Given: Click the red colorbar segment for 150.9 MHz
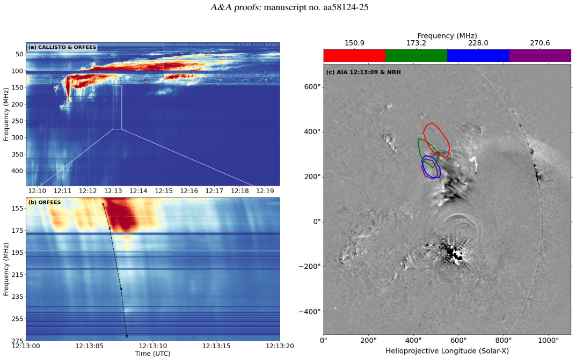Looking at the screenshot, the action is (354, 55).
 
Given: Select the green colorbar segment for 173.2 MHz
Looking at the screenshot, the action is (417, 55).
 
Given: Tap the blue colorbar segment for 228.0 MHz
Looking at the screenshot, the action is (478, 55).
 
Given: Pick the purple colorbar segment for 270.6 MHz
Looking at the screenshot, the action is (540, 55).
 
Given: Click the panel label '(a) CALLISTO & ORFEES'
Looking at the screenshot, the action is (62, 47).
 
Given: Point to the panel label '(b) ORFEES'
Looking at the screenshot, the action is (45, 202).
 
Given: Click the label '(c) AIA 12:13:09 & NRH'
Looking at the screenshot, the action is (363, 72).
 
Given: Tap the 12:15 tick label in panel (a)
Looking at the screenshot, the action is (164, 191).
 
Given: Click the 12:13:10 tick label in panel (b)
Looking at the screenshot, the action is (152, 346).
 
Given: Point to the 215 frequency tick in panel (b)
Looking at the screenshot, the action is (18, 275).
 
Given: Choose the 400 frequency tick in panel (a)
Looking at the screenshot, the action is (18, 171).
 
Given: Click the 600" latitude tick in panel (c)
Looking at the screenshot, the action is (312, 86).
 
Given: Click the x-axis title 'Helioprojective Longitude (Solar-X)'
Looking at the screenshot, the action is (447, 351).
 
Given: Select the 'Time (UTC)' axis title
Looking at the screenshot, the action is (152, 354).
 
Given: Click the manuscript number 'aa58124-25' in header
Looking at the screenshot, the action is (346, 7).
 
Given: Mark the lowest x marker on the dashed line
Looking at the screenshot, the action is (127, 336).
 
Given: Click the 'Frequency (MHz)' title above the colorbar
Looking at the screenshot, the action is (447, 35).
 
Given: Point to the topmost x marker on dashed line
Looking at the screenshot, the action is (103, 204).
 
